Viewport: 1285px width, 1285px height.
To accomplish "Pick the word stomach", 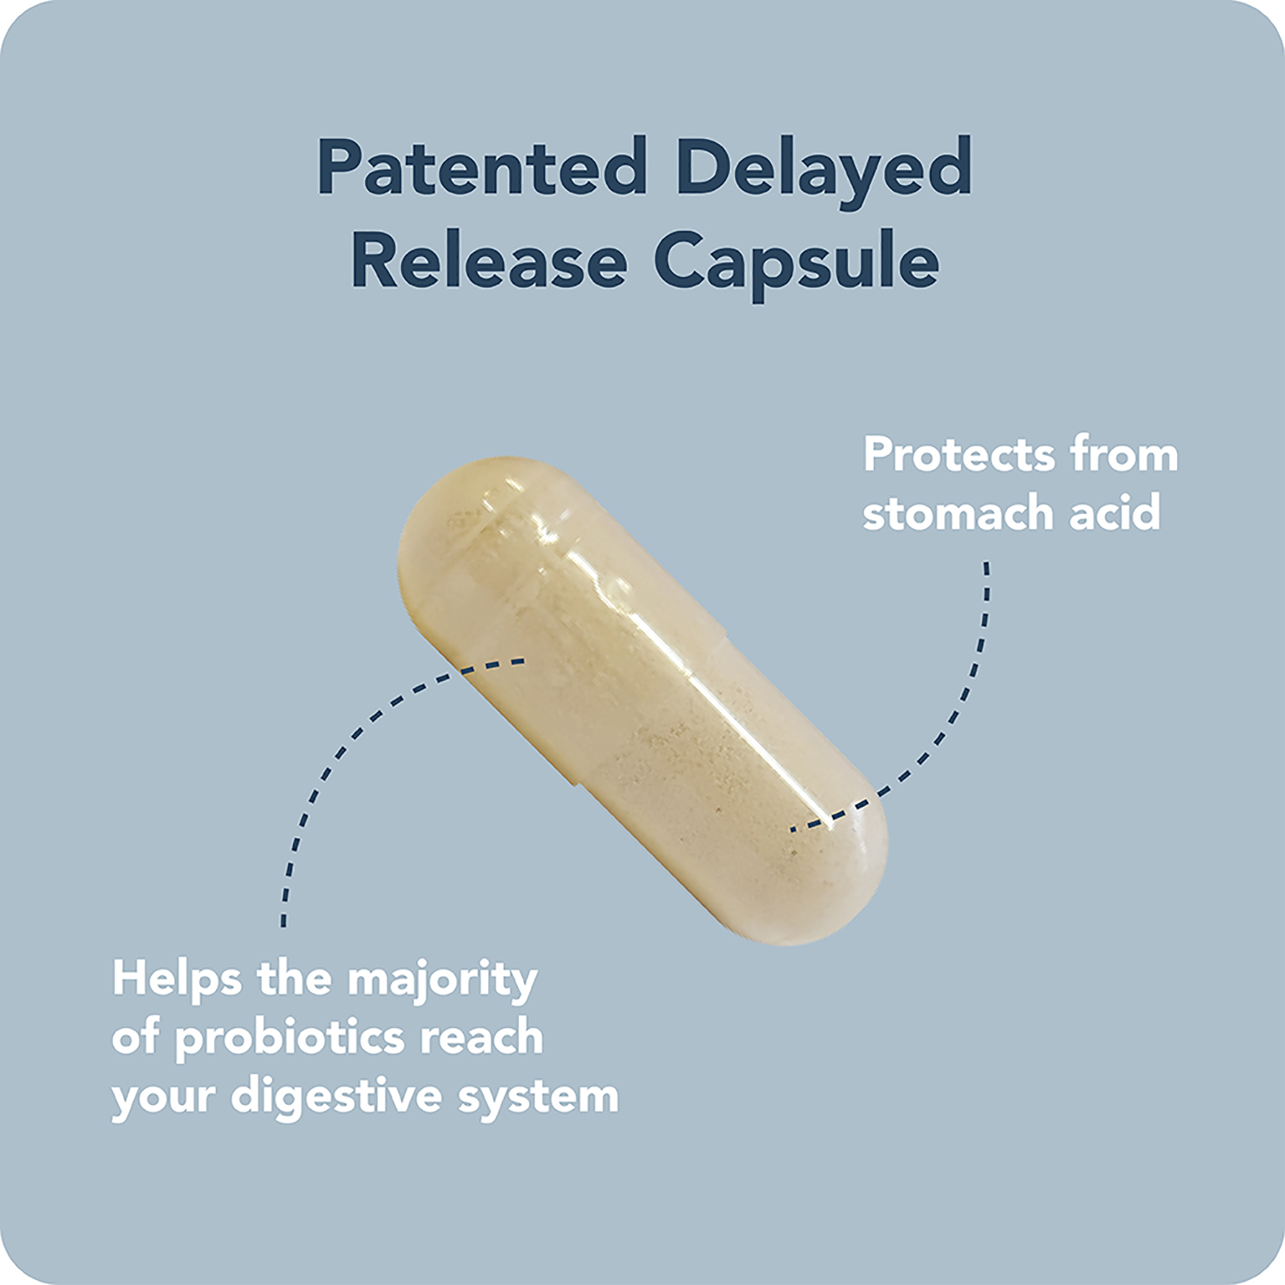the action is [x=959, y=513].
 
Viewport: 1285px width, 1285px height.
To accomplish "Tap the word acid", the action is [x=1115, y=512].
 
